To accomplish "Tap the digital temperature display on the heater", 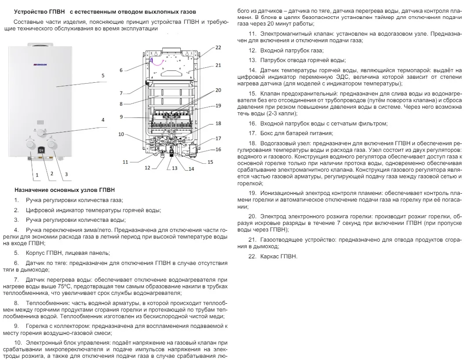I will point(41,150).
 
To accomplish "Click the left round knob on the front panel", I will point(30,145).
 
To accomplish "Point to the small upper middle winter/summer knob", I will point(40,132).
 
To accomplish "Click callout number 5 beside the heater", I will point(103,76).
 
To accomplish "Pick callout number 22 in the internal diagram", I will point(218,47).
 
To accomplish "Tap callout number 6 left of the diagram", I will point(121,70).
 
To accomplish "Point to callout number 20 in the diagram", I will point(219,90).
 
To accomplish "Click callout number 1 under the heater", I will point(37,175).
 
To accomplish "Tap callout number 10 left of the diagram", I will point(121,134).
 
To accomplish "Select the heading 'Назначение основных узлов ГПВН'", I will point(65,191).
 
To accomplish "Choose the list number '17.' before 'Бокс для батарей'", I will point(252,133).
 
